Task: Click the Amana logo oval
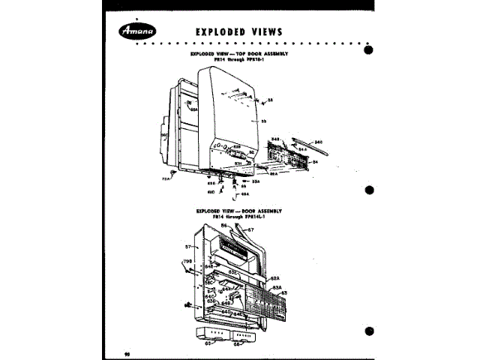[142, 31]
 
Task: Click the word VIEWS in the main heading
[262, 31]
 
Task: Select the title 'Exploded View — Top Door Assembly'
[240, 54]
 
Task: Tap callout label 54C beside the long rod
[318, 142]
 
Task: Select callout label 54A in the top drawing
[303, 150]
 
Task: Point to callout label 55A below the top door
[255, 181]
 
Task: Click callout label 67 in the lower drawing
[251, 229]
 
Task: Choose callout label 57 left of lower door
[188, 245]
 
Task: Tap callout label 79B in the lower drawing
[188, 262]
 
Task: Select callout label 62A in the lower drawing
[275, 278]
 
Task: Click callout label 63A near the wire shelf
[276, 286]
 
